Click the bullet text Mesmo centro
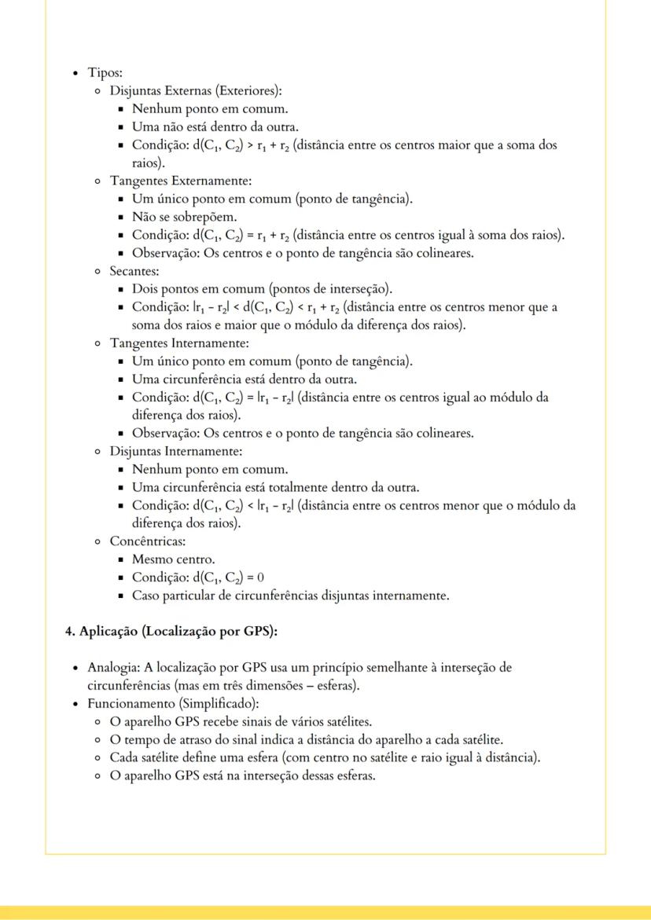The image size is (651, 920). (x=173, y=559)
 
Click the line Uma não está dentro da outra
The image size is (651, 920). (x=215, y=126)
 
